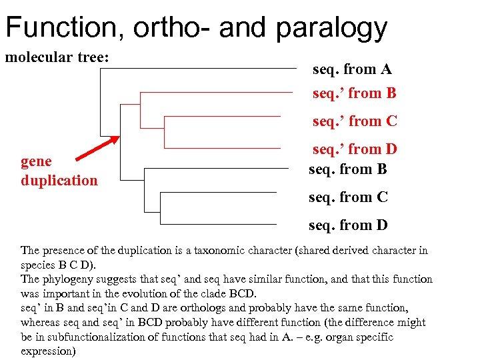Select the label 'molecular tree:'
[x=57, y=57]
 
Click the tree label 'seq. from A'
[x=352, y=69]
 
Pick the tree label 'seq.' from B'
[x=354, y=93]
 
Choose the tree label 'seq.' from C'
[x=355, y=121]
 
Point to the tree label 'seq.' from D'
[x=355, y=149]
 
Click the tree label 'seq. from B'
[x=347, y=169]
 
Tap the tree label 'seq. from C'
[x=348, y=197]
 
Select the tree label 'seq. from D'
[x=348, y=225]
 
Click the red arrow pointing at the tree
[x=97, y=148]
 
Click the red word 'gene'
[x=36, y=162]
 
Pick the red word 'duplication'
[x=59, y=181]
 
